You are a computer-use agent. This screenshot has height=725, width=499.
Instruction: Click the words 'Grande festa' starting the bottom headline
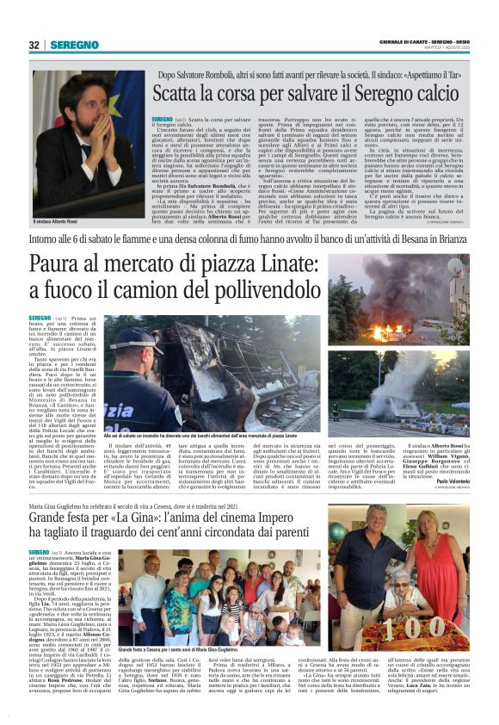65,520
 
